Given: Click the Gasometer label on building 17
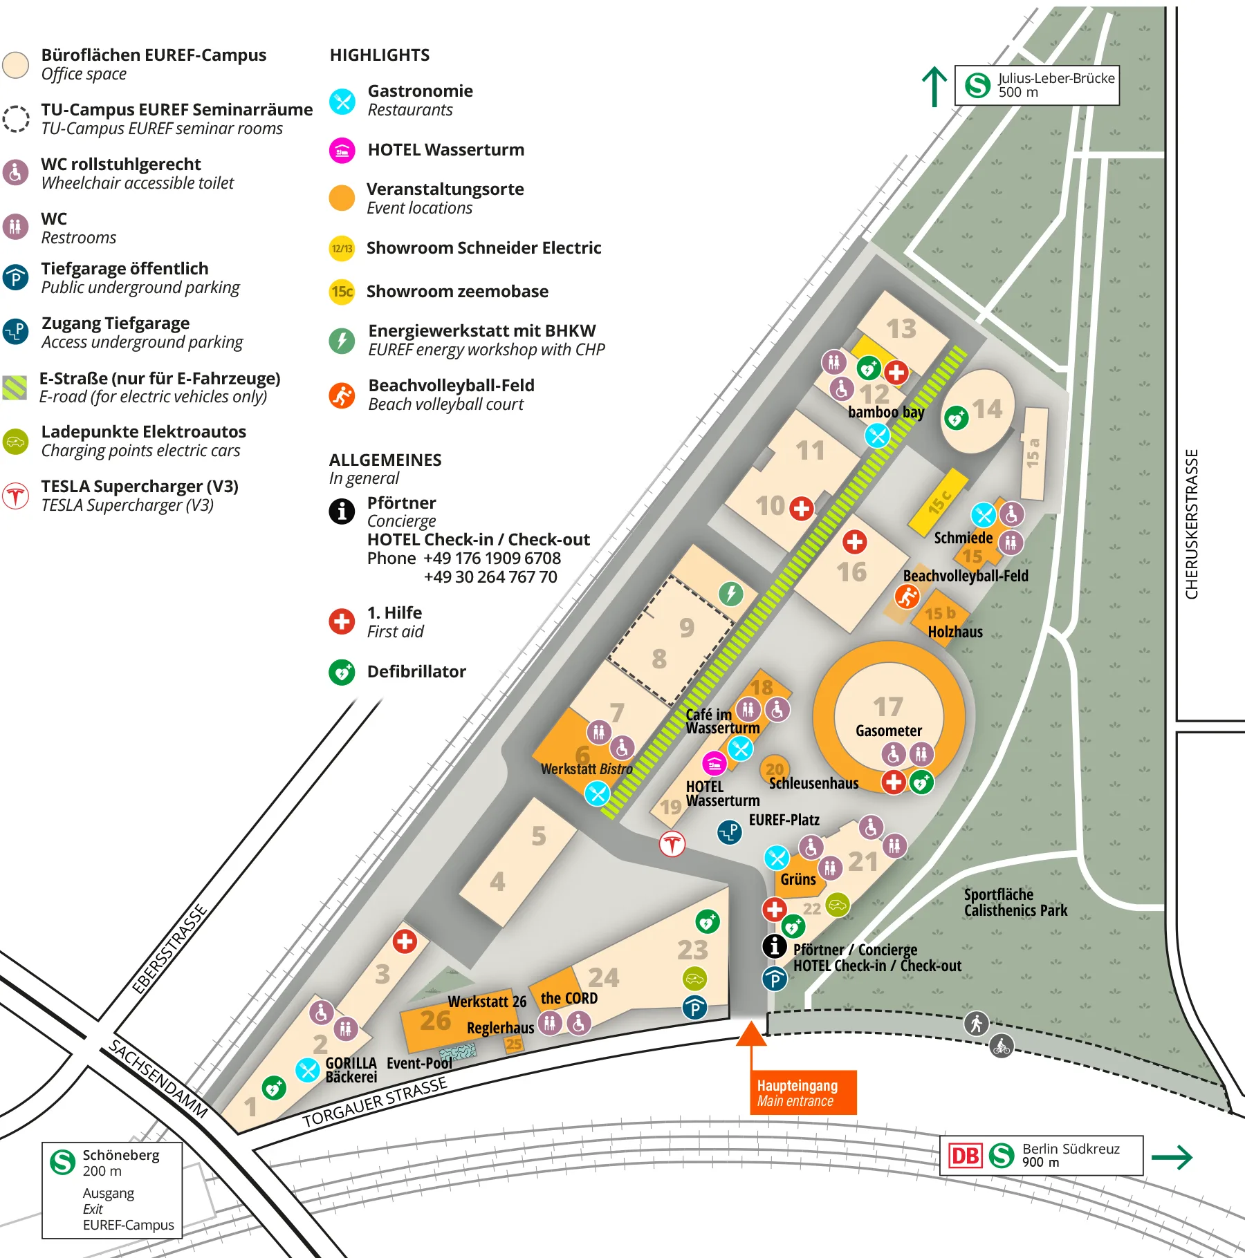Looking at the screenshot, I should [888, 731].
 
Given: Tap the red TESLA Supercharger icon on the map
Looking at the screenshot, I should [672, 843].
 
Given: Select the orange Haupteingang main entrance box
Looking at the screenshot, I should [803, 1093].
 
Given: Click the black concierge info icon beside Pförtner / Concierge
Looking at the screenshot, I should [775, 946].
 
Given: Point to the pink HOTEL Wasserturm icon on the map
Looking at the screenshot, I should [714, 763].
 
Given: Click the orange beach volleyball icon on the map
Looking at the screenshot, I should [906, 596].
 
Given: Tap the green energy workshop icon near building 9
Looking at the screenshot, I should [730, 593].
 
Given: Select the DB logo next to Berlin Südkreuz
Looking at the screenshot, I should [965, 1156].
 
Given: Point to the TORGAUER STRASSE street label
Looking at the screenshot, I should [374, 1102].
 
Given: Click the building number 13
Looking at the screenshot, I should [901, 329].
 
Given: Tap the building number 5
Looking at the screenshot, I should [539, 836].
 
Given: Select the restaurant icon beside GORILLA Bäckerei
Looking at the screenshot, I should [306, 1070].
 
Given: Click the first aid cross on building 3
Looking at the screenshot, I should [405, 941].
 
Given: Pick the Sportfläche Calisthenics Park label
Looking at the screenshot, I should [1015, 903].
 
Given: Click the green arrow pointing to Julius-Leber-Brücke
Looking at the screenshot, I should [934, 86].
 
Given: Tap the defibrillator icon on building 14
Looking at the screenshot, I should [956, 417].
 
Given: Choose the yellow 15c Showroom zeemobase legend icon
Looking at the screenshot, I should [342, 292].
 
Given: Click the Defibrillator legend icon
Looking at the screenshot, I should [342, 672].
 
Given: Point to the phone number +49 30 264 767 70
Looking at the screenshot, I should [490, 577].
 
